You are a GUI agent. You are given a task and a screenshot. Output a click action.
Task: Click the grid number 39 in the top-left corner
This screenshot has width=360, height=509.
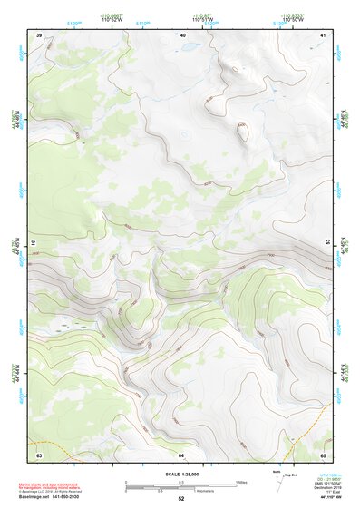click(39, 34)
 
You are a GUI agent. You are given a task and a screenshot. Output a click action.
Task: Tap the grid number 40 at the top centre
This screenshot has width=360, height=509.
click(182, 34)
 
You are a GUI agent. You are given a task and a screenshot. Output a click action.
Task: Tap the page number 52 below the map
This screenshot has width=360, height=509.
click(181, 499)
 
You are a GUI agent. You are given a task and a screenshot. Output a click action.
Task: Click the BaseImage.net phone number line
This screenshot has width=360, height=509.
click(53, 499)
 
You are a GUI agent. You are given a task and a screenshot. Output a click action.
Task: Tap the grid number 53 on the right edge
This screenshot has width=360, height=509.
click(326, 243)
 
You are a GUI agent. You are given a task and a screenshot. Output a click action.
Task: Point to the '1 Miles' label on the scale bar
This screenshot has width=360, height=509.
click(241, 482)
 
